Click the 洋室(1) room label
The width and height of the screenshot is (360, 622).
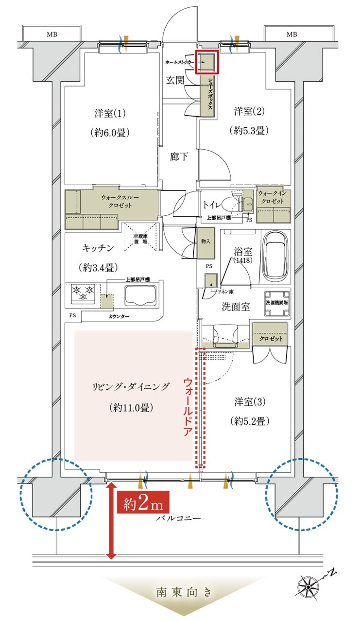[x=110, y=114]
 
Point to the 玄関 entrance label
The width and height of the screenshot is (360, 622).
[x=175, y=81]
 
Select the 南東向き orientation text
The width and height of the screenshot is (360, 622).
[x=184, y=592]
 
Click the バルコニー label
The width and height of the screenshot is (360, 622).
[x=178, y=518]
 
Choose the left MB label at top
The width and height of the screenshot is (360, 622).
[x=51, y=35]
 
